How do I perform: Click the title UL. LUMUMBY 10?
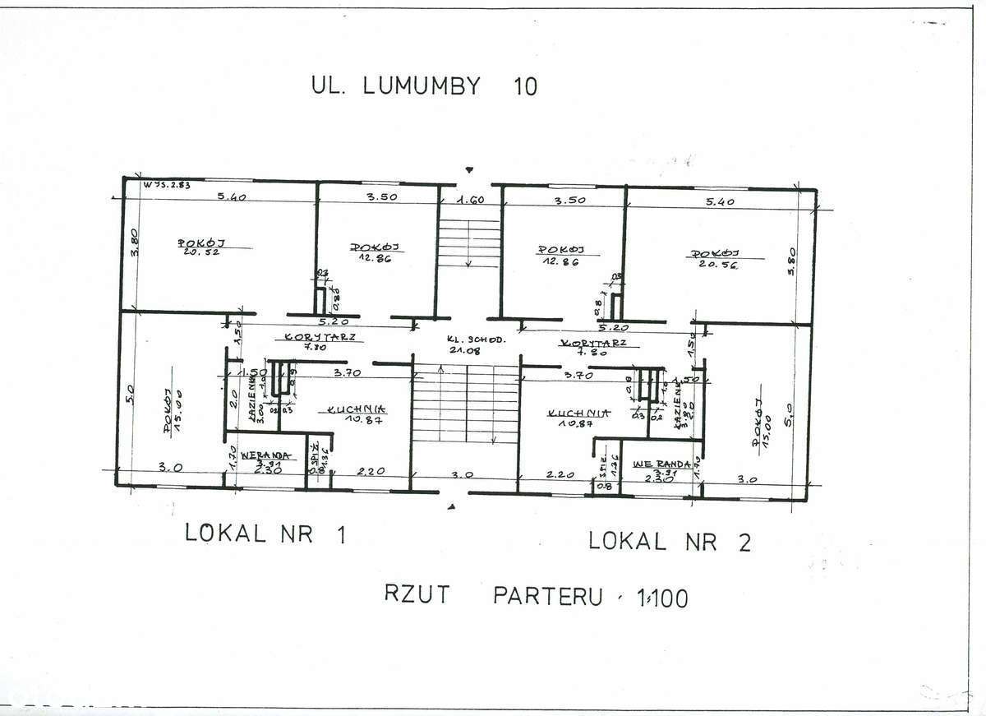424,85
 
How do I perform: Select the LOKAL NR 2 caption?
670,541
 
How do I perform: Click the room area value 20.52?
200,252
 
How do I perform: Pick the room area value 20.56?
716,264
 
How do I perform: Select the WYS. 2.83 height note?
167,185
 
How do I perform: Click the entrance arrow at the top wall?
469,170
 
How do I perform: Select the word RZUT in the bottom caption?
417,594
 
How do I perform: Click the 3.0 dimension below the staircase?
464,475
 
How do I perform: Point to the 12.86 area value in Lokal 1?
375,257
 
